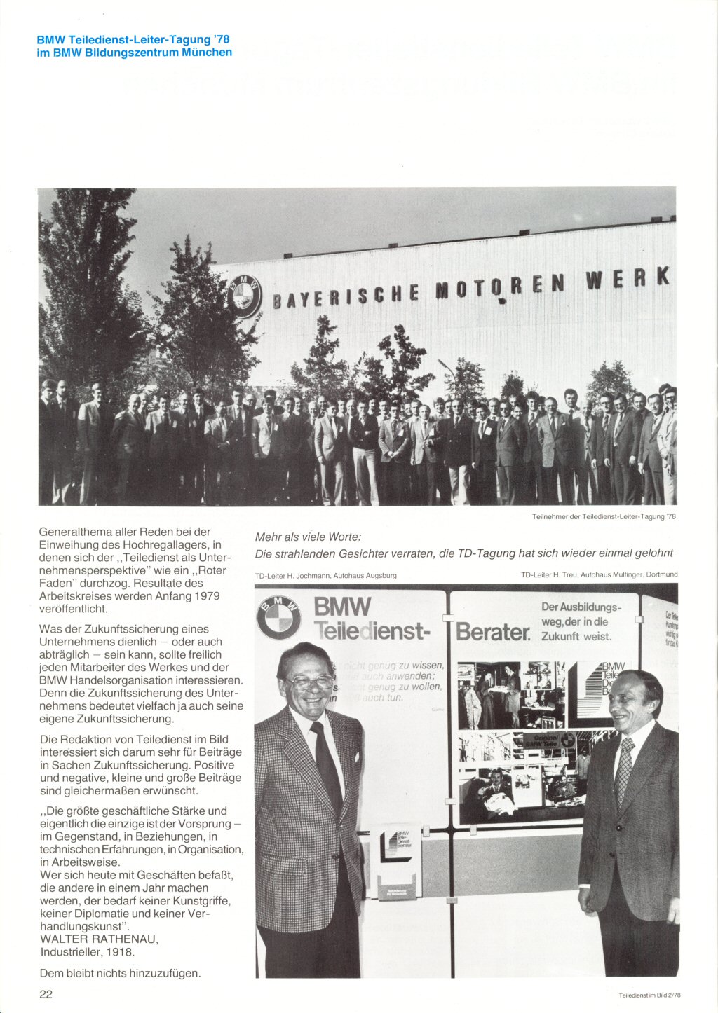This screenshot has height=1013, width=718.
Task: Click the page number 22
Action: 46,994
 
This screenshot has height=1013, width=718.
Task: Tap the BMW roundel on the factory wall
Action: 243,296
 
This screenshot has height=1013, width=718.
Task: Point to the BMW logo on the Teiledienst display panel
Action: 278,617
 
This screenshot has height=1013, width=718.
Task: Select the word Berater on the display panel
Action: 493,632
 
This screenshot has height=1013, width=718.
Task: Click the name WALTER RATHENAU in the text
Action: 100,939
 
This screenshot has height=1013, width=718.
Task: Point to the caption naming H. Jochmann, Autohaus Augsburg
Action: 326,575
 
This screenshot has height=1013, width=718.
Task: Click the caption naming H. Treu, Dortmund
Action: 599,574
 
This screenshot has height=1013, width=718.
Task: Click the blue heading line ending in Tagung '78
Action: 133,39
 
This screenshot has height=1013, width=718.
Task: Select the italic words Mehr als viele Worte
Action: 308,537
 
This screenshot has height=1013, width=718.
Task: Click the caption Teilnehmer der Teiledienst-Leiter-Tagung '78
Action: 604,516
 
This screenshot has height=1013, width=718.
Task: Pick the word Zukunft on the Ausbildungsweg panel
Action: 560,637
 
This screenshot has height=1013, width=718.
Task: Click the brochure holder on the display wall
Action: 396,863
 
